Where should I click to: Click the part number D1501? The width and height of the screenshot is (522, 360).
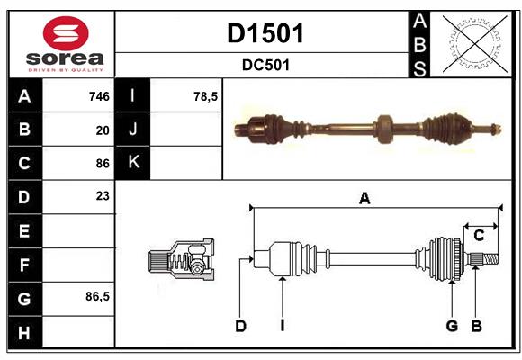click(265, 33)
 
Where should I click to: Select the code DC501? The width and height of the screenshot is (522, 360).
click(265, 65)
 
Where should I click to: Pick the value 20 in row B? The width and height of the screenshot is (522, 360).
click(103, 130)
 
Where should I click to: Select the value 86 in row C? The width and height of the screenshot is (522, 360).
click(103, 164)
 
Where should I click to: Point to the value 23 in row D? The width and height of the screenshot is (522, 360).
click(103, 196)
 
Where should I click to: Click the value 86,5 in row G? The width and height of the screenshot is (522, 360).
click(97, 296)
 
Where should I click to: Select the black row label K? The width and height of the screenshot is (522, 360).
click(133, 163)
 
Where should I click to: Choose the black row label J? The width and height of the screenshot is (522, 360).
click(133, 130)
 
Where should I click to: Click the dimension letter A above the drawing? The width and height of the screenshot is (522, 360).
click(364, 199)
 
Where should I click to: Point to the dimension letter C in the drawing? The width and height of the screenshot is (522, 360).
click(479, 236)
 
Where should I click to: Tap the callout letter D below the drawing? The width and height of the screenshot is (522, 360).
click(240, 326)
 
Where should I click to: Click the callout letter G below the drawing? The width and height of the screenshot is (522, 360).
click(452, 326)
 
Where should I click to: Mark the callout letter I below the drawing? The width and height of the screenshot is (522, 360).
click(282, 326)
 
